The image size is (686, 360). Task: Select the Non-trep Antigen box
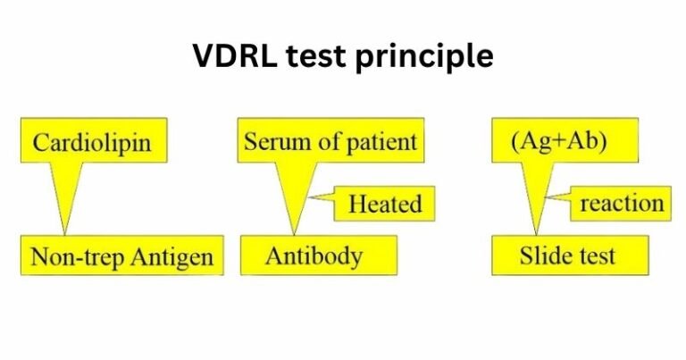(121, 257)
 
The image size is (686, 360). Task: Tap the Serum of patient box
(330, 142)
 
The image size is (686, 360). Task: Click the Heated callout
(385, 204)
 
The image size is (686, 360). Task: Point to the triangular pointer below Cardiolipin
(70, 192)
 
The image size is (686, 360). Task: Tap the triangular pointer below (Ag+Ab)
(536, 192)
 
